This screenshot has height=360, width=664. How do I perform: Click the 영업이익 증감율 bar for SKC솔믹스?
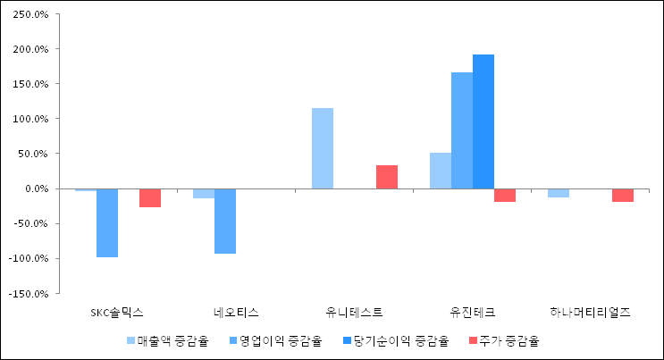107,222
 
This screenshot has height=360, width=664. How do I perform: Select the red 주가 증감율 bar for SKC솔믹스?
150,197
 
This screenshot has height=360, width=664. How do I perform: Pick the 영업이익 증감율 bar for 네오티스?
225,221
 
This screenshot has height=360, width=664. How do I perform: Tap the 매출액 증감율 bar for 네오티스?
204,193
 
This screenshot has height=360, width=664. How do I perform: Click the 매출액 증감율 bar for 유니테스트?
322,148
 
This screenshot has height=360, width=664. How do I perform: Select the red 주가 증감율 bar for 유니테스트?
387,177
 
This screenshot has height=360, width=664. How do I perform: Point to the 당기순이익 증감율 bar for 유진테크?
483,121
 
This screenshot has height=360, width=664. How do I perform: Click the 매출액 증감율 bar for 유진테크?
441,171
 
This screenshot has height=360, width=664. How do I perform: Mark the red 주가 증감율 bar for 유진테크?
505,195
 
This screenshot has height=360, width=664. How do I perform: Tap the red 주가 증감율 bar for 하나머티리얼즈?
623,195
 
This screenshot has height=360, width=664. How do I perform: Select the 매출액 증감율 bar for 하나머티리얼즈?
559,192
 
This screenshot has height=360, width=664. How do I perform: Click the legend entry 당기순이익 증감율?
392,340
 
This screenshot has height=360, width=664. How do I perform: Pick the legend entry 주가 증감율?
504,340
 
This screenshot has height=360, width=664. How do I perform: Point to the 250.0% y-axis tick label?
32,14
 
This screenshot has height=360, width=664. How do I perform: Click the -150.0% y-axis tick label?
30,293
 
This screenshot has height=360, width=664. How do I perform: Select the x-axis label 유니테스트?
355,313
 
